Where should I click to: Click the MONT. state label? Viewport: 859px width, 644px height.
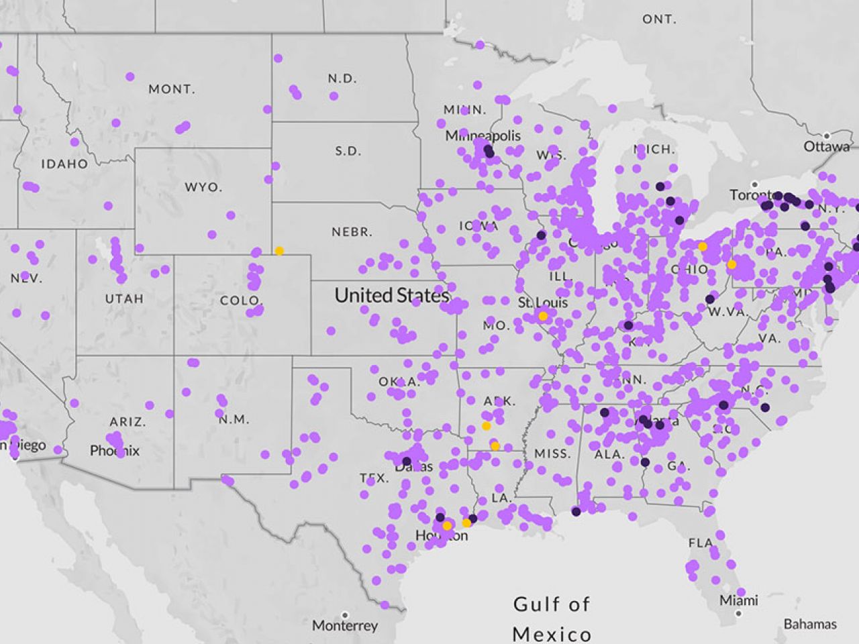pyautogui.click(x=172, y=89)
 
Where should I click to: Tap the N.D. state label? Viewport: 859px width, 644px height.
pyautogui.click(x=342, y=78)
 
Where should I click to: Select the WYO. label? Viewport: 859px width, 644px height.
pyautogui.click(x=203, y=186)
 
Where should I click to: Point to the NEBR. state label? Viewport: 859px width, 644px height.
pyautogui.click(x=352, y=232)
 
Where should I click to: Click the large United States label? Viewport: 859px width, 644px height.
pyautogui.click(x=391, y=295)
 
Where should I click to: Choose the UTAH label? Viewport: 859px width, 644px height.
pyautogui.click(x=124, y=299)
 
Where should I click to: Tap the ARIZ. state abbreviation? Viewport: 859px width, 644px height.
pyautogui.click(x=128, y=422)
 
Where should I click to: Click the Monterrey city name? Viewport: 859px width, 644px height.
pyautogui.click(x=345, y=626)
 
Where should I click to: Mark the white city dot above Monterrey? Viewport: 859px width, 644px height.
pyautogui.click(x=344, y=614)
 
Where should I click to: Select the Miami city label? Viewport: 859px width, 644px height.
pyautogui.click(x=738, y=600)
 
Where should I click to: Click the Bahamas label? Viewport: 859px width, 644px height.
pyautogui.click(x=810, y=625)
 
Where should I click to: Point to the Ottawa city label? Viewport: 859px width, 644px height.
pyautogui.click(x=827, y=146)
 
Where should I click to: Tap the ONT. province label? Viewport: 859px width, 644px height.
pyautogui.click(x=659, y=19)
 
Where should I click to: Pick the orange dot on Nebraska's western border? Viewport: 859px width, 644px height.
pyautogui.click(x=279, y=251)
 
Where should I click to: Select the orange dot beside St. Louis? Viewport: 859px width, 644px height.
pyautogui.click(x=543, y=316)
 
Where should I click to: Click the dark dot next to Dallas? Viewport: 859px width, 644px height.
pyautogui.click(x=406, y=462)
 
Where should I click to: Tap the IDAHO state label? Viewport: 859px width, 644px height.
pyautogui.click(x=64, y=164)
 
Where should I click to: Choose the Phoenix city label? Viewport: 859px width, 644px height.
pyautogui.click(x=115, y=450)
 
